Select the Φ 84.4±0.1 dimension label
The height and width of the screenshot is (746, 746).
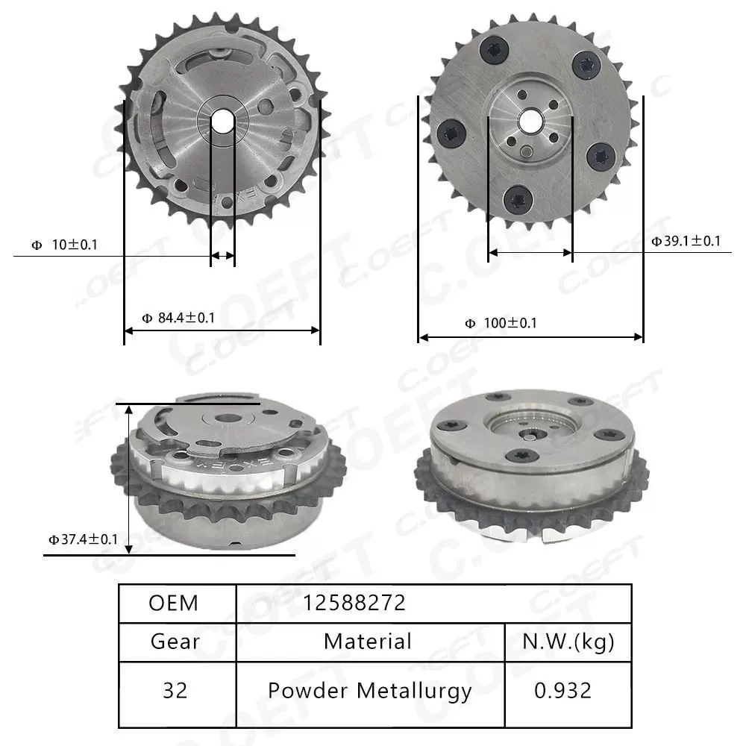(x=178, y=318)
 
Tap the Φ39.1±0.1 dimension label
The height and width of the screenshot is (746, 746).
(x=686, y=241)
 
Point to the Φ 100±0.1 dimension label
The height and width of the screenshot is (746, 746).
(x=501, y=323)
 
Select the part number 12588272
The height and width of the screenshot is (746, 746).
(x=354, y=603)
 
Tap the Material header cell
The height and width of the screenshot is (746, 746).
(x=368, y=642)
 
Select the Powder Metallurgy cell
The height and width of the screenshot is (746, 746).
(x=369, y=691)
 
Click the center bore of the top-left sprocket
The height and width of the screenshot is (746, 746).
(x=222, y=121)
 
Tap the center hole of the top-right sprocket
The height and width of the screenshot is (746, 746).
(x=531, y=119)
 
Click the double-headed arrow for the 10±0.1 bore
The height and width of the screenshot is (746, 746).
(x=222, y=257)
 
